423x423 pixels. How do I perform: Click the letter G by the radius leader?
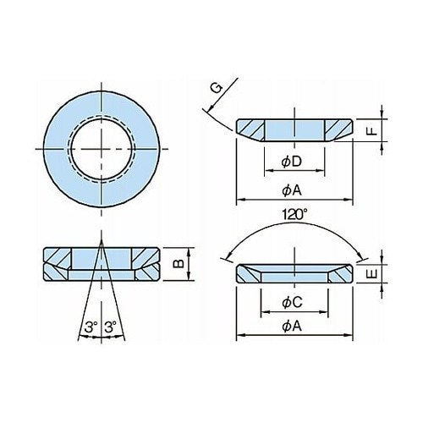(x=217, y=89)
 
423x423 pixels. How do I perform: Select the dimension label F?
(x=373, y=131)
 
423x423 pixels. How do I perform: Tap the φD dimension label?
(x=292, y=162)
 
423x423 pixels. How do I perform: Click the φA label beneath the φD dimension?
(x=292, y=191)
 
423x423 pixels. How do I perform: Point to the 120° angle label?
(x=294, y=215)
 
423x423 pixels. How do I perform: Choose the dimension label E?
(x=373, y=274)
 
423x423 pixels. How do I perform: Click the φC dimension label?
(x=292, y=303)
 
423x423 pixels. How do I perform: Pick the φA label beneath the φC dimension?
(x=292, y=327)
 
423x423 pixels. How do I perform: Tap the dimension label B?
(x=179, y=263)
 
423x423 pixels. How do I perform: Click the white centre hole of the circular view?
(x=102, y=149)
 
